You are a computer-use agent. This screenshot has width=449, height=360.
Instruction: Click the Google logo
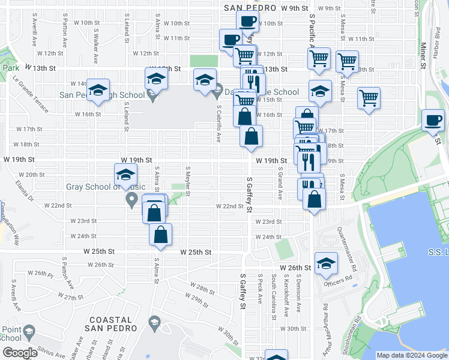click(x=20, y=353)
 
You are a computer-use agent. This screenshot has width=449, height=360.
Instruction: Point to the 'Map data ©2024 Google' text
click(x=411, y=355)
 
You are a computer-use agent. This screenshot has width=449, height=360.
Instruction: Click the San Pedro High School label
click(x=102, y=95)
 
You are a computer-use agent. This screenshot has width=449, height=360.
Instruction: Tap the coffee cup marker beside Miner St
click(x=433, y=121)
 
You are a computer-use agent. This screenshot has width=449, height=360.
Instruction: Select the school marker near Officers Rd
click(x=326, y=264)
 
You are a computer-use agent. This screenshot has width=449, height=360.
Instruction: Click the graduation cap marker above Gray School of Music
click(x=125, y=175)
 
